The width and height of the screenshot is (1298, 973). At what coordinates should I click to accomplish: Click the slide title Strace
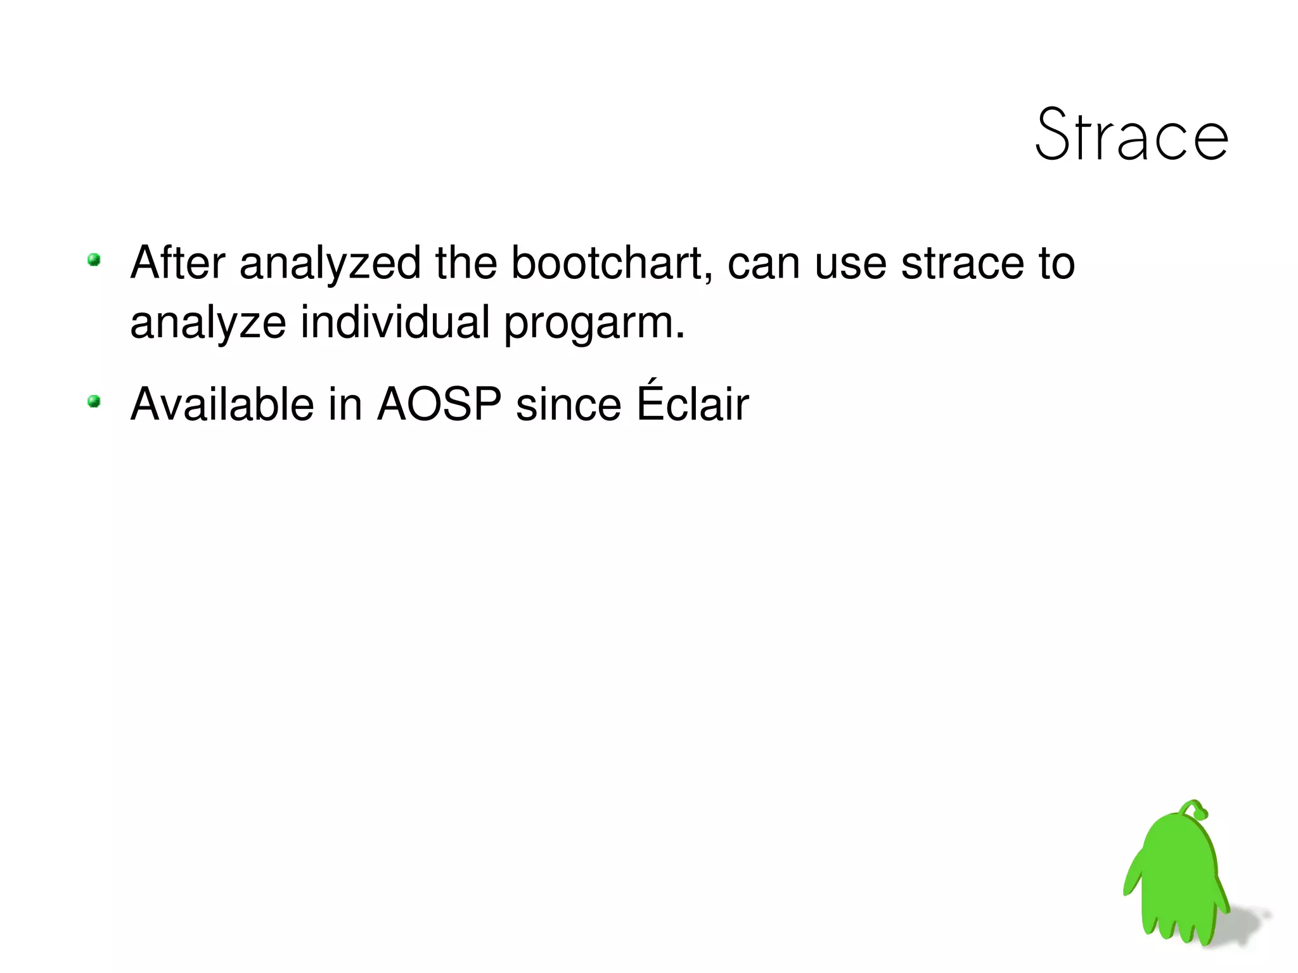pos(1132,135)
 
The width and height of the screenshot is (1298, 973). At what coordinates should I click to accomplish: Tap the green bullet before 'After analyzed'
pos(94,260)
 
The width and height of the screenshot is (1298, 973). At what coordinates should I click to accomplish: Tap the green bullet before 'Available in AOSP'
pos(94,401)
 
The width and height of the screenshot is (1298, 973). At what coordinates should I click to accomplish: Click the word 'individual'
pos(395,322)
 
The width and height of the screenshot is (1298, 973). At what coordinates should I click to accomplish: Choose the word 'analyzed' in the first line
pos(330,264)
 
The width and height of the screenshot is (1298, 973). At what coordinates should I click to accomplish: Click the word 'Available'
pos(222,404)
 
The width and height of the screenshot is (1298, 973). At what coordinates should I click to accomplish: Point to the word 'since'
pos(568,404)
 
